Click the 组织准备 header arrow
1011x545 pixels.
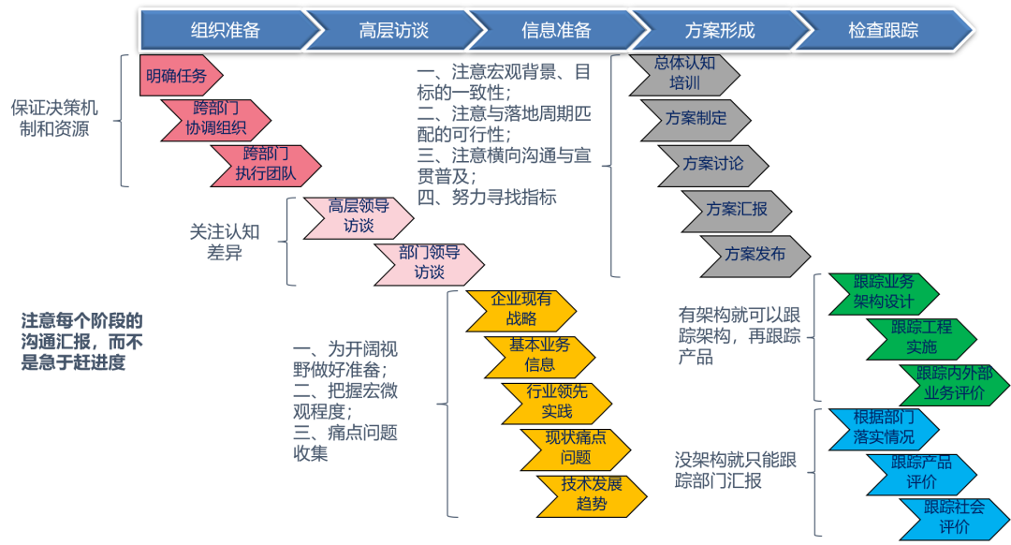tap(225, 30)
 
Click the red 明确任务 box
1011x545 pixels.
tap(178, 76)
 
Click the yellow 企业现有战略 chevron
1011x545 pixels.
tap(521, 309)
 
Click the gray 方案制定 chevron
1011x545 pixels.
tap(696, 119)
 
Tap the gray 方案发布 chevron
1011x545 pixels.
tap(755, 254)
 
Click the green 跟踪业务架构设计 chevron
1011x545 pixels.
tap(884, 292)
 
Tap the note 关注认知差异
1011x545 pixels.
tap(225, 242)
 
